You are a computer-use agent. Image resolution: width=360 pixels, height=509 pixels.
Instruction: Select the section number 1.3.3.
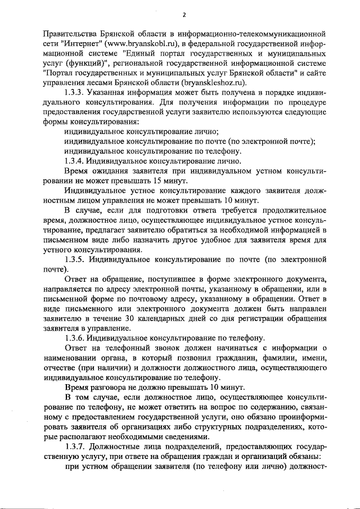pyautogui.click(x=75, y=92)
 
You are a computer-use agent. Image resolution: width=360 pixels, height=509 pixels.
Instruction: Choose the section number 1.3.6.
pyautogui.click(x=75, y=337)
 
